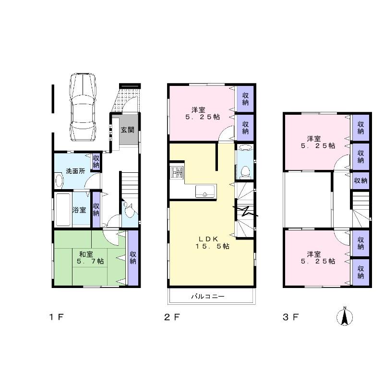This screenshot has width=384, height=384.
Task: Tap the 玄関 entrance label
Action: coord(128,129)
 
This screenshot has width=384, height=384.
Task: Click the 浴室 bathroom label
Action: coord(79,210)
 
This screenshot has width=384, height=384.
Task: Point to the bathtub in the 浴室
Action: coord(62,210)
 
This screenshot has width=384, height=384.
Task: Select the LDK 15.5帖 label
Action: coord(211,242)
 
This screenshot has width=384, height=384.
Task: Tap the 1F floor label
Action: coord(56,317)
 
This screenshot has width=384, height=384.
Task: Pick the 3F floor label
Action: coord(291,317)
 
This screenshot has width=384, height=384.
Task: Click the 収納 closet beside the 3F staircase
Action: coord(360,180)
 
